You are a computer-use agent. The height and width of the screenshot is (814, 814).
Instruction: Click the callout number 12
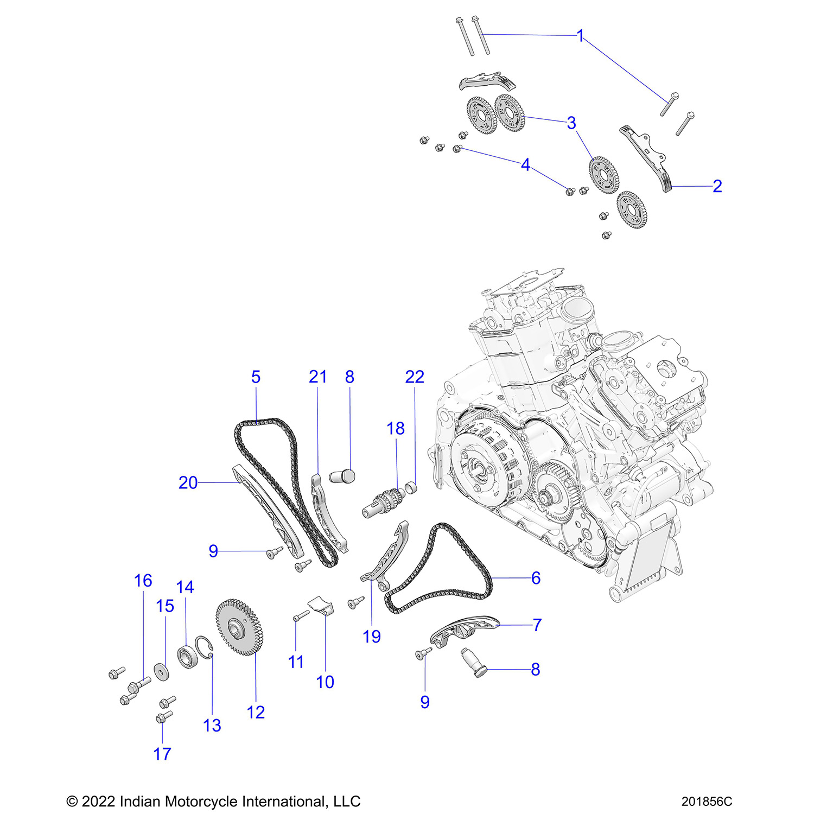pos(256,712)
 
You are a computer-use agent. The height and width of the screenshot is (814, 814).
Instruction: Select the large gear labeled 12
pos(239,627)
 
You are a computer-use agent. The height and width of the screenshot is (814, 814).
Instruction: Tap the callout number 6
pos(536,578)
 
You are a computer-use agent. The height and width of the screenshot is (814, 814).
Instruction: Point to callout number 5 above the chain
pos(256,377)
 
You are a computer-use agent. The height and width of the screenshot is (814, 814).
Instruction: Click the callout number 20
pos(188,482)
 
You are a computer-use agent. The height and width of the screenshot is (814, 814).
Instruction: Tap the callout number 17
pos(162,754)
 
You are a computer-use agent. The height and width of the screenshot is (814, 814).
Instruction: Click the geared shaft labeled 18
pos(383,503)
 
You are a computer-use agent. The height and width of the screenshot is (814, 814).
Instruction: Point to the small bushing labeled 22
pos(411,487)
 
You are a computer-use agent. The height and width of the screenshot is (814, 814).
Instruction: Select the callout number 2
pos(717,186)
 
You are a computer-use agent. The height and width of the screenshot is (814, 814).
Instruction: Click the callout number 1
pos(580,36)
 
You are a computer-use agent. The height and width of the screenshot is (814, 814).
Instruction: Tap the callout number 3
pos(571,123)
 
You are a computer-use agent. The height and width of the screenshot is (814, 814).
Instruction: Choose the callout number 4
pos(525,165)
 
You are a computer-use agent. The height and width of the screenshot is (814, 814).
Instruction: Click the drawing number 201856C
pos(707,802)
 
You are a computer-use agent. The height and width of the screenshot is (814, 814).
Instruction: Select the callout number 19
pos(372,637)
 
